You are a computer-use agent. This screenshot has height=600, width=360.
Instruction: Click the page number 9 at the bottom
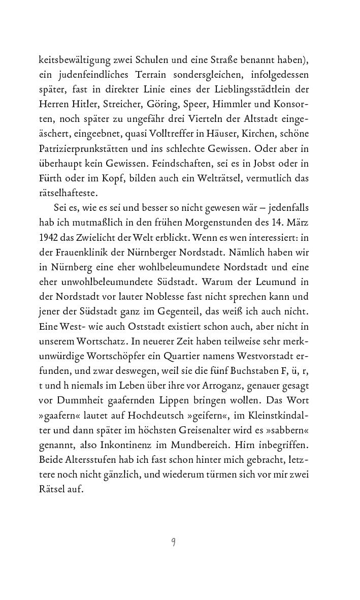coord(173,542)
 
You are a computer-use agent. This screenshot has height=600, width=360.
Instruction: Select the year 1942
coord(50,237)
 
